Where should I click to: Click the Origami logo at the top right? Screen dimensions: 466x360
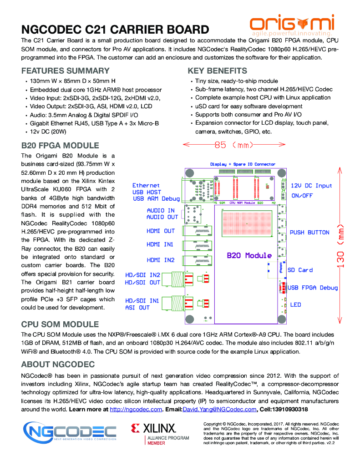click(292, 25)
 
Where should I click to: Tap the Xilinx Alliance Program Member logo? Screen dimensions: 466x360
click(153, 433)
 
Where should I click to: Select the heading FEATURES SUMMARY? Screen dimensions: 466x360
click(66, 71)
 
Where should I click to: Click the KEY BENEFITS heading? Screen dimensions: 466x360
click(218, 71)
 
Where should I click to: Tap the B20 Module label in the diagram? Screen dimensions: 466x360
click(249, 255)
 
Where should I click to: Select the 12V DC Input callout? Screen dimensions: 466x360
click(311, 186)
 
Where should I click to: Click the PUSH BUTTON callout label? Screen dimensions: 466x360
click(309, 233)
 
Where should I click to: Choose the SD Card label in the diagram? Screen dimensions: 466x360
click(300, 270)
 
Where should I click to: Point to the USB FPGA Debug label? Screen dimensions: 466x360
click(313, 288)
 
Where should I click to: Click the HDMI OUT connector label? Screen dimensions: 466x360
click(161, 231)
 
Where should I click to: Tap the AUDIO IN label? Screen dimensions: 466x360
click(161, 211)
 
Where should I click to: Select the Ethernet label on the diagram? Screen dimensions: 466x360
click(146, 186)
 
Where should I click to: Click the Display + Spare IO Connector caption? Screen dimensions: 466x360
click(243, 164)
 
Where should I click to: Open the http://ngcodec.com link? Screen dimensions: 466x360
click(136, 410)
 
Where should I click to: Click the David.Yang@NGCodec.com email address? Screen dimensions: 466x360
click(220, 410)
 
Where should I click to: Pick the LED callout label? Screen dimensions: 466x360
click(295, 304)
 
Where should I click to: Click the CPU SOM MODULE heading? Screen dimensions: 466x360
click(60, 324)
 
